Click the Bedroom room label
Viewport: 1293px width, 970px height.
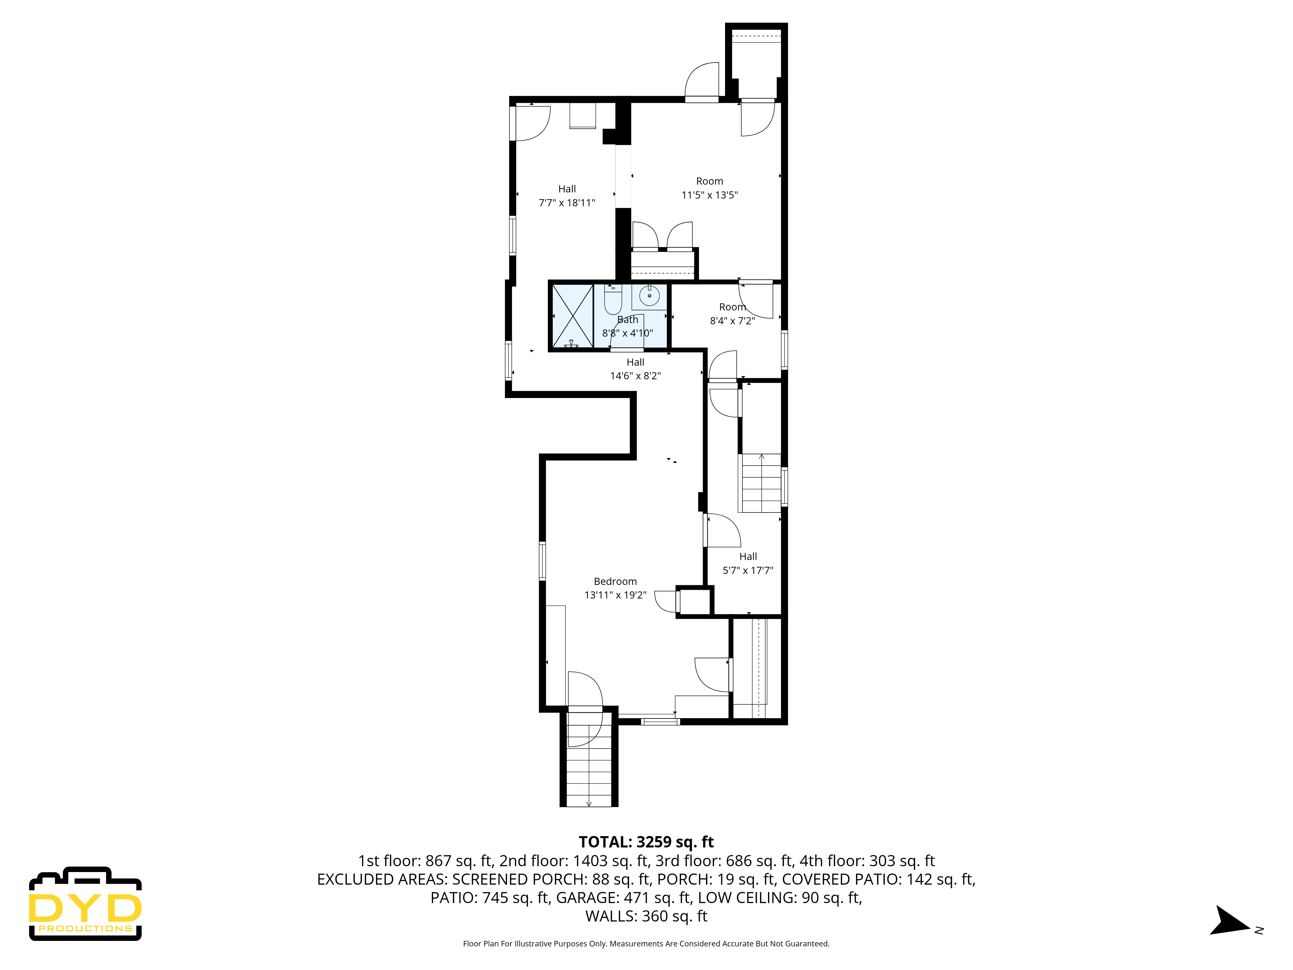615,581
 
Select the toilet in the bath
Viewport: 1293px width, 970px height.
613,300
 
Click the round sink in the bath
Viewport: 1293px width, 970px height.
649,296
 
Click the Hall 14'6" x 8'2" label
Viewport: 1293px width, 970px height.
635,369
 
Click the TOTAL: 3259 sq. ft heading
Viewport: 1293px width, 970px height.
646,842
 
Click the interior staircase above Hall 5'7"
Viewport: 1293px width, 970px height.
761,483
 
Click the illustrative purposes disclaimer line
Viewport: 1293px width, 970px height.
646,944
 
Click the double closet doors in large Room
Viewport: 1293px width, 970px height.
662,237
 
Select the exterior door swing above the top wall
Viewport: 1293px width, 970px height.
702,82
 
